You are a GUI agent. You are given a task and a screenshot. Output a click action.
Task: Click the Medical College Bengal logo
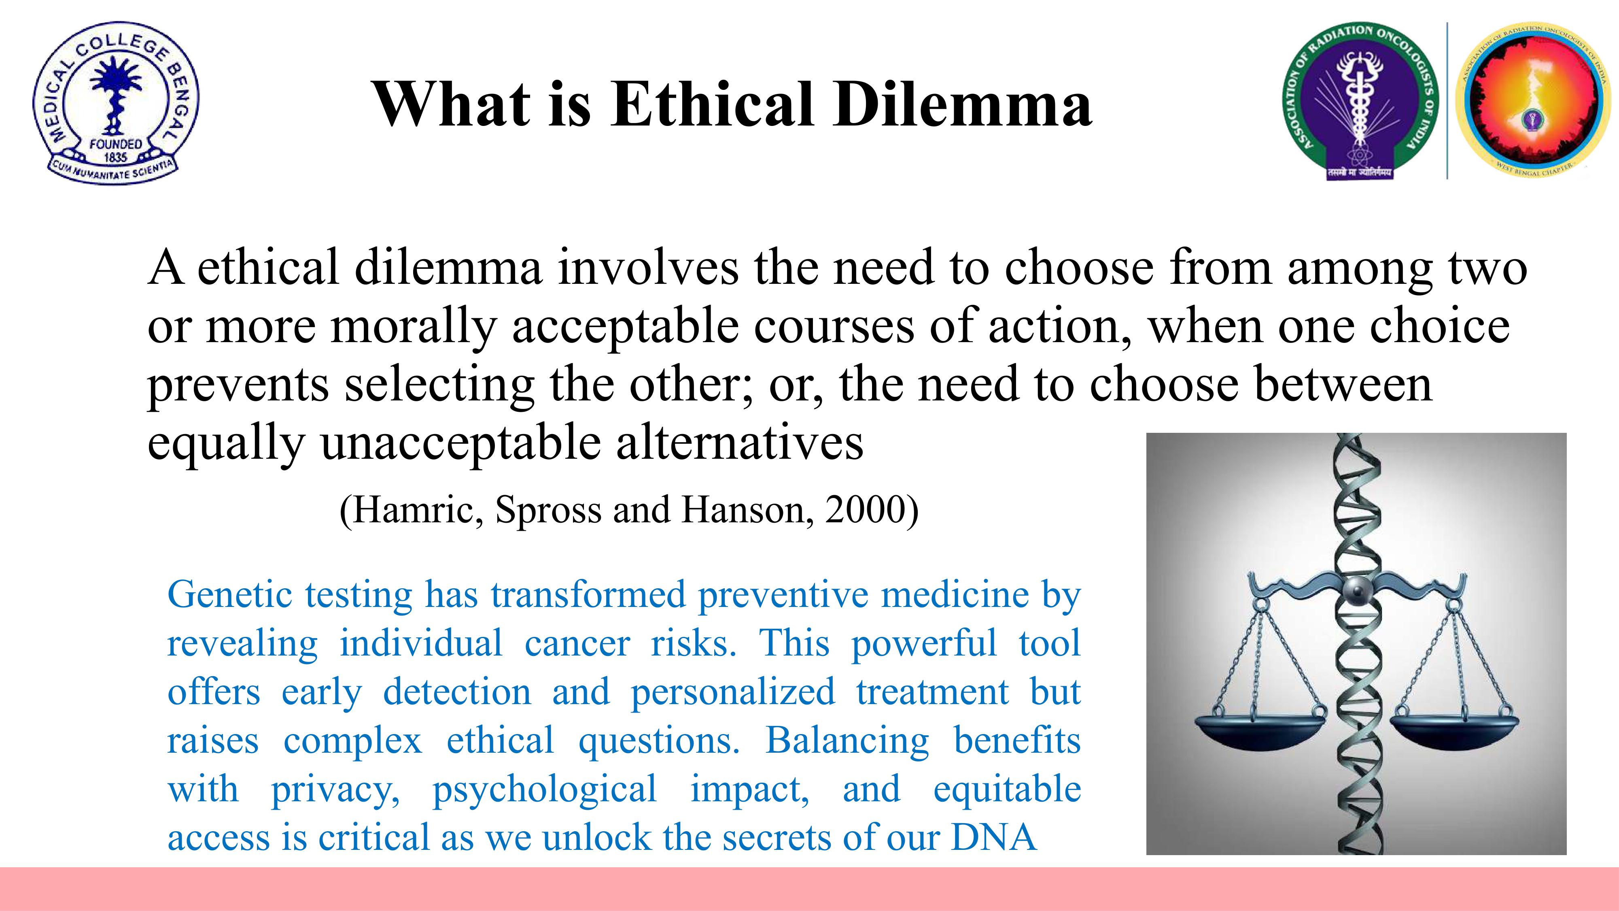[x=116, y=102]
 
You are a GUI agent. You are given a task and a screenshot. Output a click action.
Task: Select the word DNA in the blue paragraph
[x=994, y=837]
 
